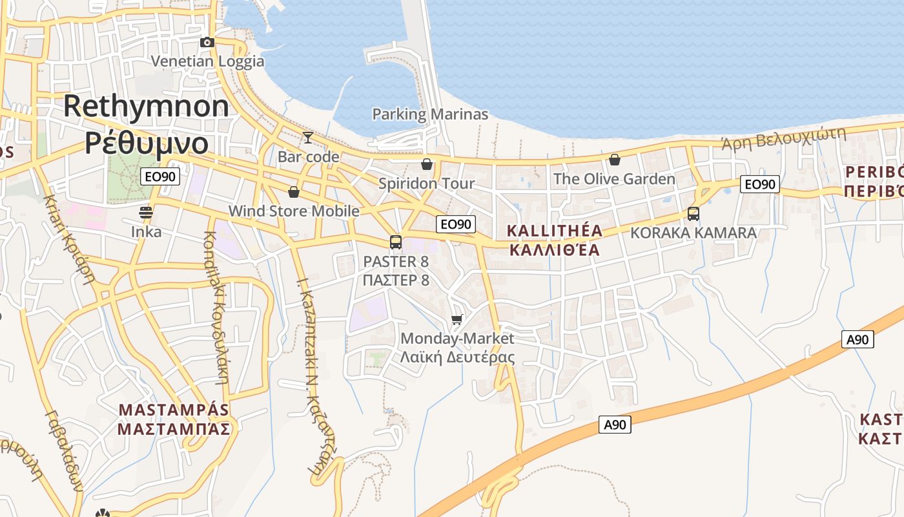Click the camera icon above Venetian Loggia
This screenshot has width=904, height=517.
point(207,43)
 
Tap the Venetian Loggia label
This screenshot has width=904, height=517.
point(207,61)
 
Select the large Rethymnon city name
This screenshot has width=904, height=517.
point(146,106)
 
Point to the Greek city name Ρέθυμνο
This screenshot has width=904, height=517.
point(147,143)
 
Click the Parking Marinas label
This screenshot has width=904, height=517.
point(430,114)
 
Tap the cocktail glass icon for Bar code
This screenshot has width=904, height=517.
point(308,137)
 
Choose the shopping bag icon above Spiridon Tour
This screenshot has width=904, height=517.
point(426,164)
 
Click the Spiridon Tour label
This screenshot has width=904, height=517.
point(426,184)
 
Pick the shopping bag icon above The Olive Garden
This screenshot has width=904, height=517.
point(615,159)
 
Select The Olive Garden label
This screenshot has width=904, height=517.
point(614,179)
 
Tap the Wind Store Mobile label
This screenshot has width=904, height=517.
point(294,211)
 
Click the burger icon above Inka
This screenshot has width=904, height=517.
point(146,213)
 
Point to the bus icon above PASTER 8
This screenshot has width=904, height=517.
point(396,242)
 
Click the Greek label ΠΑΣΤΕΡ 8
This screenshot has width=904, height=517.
point(396,280)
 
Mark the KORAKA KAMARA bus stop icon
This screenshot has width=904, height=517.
point(693,213)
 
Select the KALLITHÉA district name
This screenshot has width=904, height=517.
point(555,231)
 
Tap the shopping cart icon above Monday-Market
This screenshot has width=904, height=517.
point(457,319)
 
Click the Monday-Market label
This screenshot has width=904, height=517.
point(457,339)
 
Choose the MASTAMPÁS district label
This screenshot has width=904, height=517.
point(174,410)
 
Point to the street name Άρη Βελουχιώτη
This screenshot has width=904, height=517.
point(783,138)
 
